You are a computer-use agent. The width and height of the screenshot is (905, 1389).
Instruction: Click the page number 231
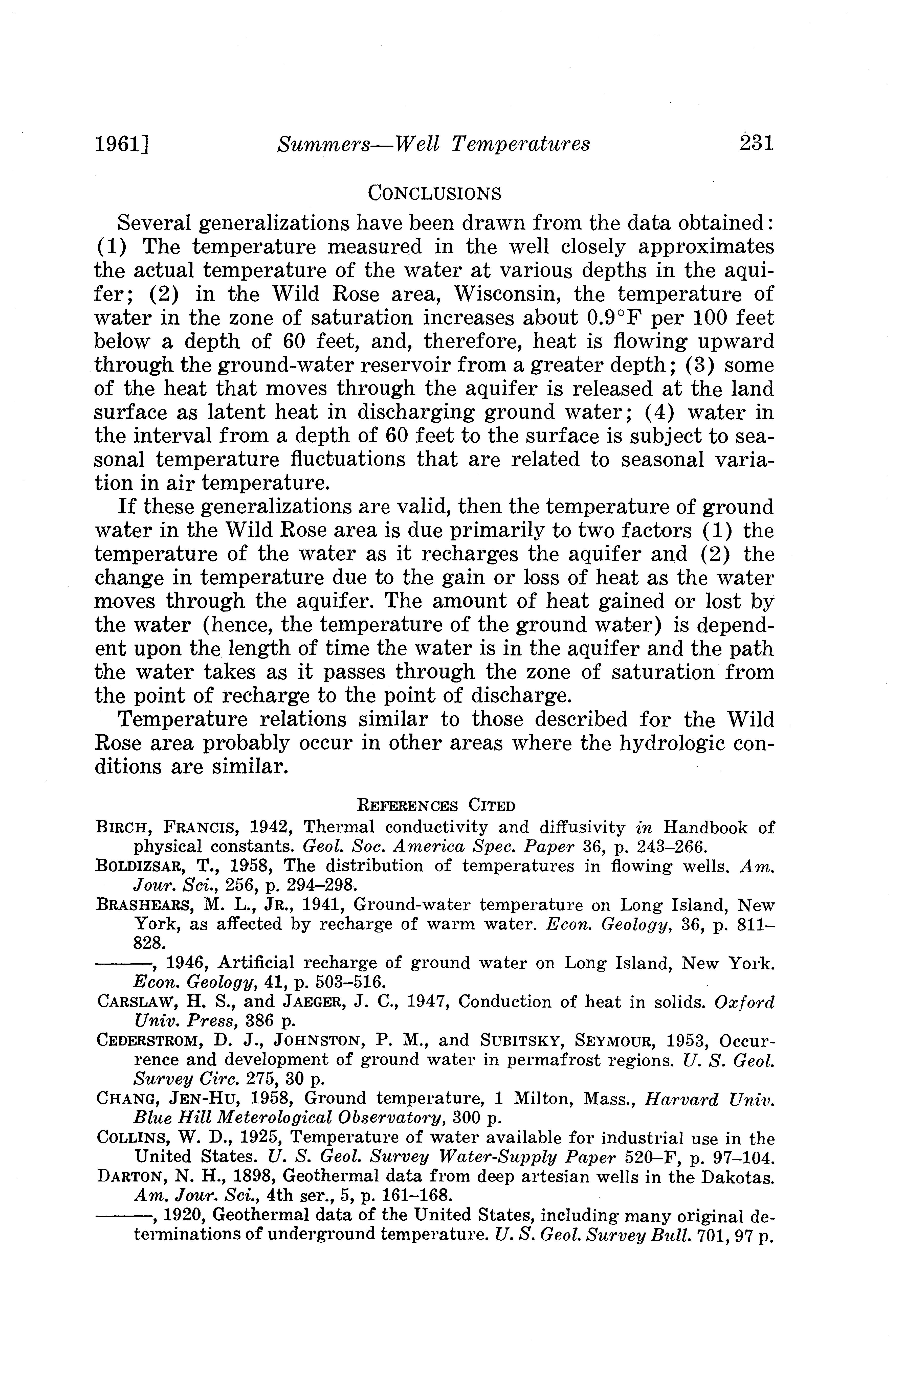click(x=756, y=143)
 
